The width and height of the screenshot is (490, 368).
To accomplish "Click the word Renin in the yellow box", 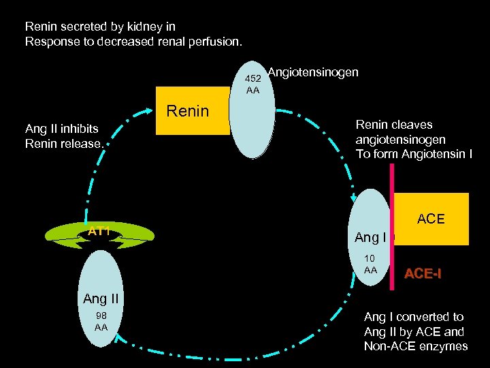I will click(188, 111).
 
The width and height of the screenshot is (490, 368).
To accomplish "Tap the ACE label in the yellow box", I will click(431, 219).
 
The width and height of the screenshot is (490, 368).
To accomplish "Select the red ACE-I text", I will click(423, 274).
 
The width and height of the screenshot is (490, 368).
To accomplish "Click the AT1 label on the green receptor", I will click(99, 232).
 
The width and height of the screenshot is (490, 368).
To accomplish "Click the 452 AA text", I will click(253, 85).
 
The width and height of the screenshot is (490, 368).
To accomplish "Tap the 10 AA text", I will click(370, 264).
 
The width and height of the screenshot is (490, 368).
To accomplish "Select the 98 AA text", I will click(101, 321).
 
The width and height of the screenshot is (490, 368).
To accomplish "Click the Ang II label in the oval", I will click(101, 298).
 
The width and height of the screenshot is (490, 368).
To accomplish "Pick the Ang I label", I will click(370, 238).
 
